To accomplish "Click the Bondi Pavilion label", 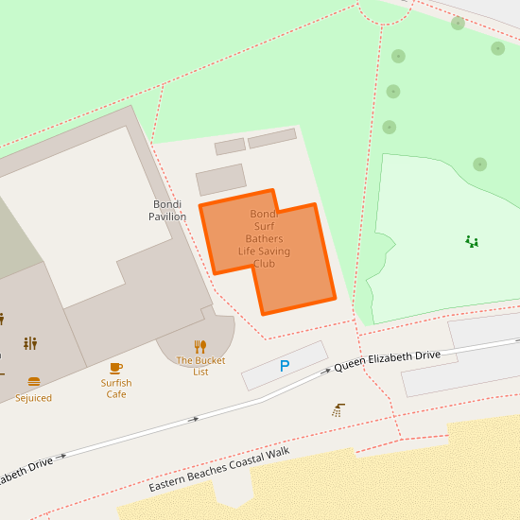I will click(167, 210).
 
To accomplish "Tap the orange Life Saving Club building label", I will click(264, 239).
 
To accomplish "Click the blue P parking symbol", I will click(284, 366).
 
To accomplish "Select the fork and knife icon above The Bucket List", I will click(200, 346).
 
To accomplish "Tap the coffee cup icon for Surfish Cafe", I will click(116, 367).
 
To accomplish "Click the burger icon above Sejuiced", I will click(34, 382).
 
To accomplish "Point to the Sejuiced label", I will click(34, 398).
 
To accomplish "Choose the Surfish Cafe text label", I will click(116, 389).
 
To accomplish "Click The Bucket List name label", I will click(200, 366).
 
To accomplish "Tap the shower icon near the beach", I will click(338, 409).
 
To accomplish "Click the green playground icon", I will click(472, 242).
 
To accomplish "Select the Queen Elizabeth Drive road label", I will click(387, 360).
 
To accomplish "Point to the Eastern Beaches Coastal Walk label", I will click(218, 470).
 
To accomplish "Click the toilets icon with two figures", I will click(30, 343).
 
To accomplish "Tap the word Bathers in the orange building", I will click(264, 239).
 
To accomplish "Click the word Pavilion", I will click(167, 217).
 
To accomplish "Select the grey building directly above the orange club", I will click(220, 180).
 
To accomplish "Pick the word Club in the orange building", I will click(264, 264).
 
